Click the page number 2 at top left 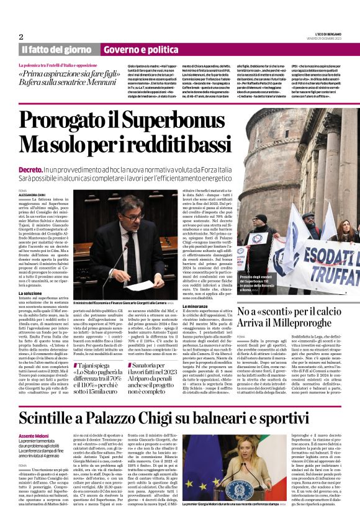pos(20,37)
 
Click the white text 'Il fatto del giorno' pos(56,50)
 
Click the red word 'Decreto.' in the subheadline pos(30,169)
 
